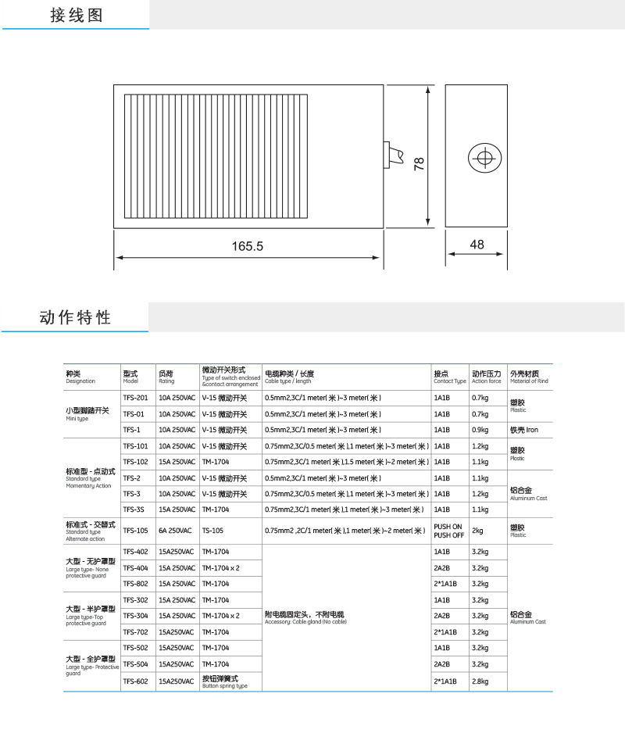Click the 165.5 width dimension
click(x=248, y=246)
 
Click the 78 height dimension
click(x=419, y=163)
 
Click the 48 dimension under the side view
click(x=477, y=245)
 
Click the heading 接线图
click(x=76, y=15)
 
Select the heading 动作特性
click(x=75, y=317)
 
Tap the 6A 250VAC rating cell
click(x=175, y=530)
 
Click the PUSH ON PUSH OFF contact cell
click(x=448, y=531)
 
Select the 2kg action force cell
click(x=478, y=530)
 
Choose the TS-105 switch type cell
click(x=213, y=530)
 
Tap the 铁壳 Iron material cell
click(x=523, y=430)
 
